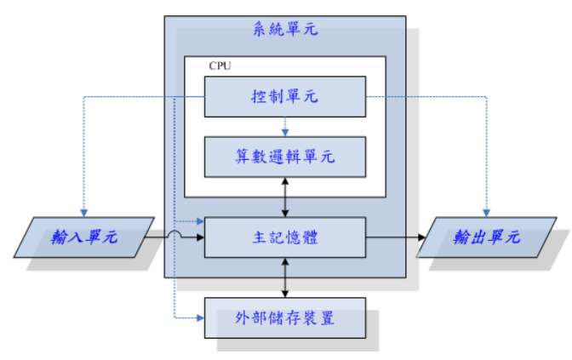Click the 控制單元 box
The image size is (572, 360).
coord(284,96)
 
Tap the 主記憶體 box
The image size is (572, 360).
coord(284,237)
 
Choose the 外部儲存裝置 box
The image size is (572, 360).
coord(284,318)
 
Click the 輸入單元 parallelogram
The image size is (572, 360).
coord(83,237)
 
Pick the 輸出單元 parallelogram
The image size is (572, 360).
coord(486,237)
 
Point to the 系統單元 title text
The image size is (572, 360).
coord(284,30)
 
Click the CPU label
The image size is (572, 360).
coord(220,66)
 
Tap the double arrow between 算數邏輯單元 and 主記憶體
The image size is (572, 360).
coord(285,197)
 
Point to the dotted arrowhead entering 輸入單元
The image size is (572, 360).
coord(83,212)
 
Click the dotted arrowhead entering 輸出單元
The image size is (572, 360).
coord(486,212)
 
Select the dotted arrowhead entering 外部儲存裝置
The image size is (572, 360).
coord(200,318)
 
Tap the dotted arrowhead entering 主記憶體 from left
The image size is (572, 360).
coord(200,221)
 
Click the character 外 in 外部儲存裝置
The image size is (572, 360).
coord(242,318)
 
